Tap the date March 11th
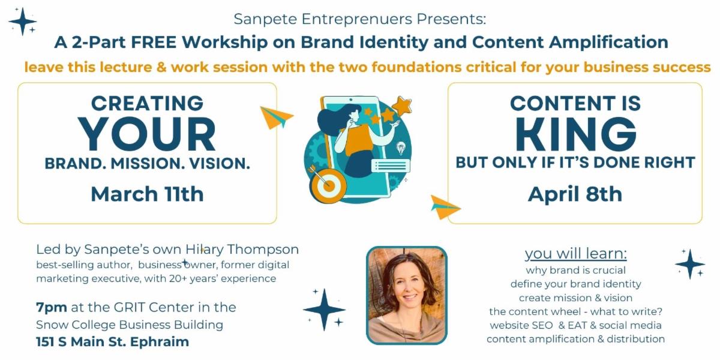tap(147, 194)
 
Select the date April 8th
tap(575, 194)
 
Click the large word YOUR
tap(147, 134)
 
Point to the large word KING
tap(575, 134)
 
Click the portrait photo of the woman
tap(407, 295)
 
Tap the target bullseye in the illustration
tap(328, 185)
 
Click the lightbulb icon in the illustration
tap(401, 148)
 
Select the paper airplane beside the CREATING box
tap(276, 117)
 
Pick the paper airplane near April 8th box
tap(445, 208)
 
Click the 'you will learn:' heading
tap(575, 253)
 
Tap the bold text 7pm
tap(52, 308)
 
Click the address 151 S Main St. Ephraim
tap(113, 341)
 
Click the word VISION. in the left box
tap(220, 163)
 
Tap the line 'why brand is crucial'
tap(575, 270)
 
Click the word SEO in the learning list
tap(542, 325)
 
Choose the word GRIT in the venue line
tap(130, 307)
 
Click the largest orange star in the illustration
tap(402, 106)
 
